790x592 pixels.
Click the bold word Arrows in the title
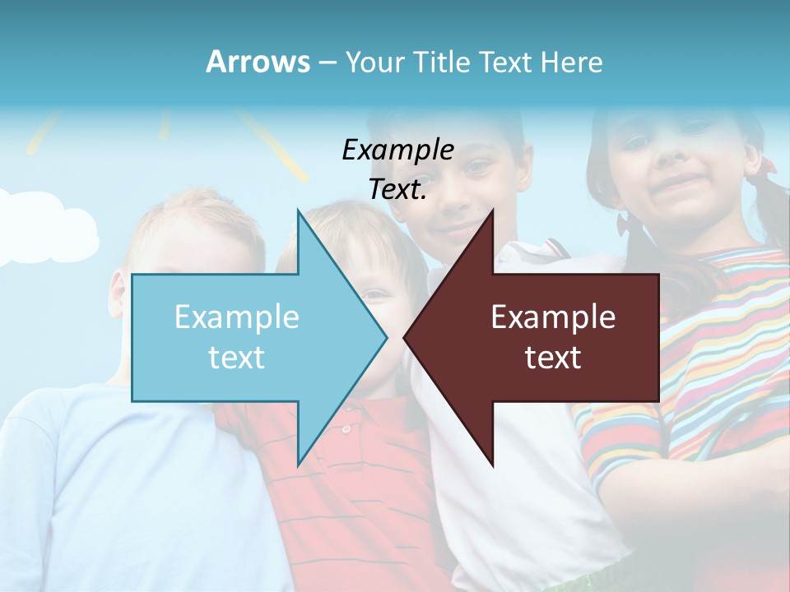click(x=258, y=62)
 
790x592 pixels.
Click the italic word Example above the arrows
click(x=397, y=150)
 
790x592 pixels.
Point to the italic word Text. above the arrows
click(x=397, y=190)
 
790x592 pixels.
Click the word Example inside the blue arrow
click(x=236, y=317)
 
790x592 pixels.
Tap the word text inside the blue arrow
click(x=236, y=358)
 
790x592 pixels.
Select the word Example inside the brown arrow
click(x=553, y=317)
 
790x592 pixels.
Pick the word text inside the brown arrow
click(x=553, y=358)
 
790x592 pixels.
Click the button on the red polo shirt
click(x=347, y=428)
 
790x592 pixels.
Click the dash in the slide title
click(x=327, y=62)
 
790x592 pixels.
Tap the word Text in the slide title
click(x=507, y=62)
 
